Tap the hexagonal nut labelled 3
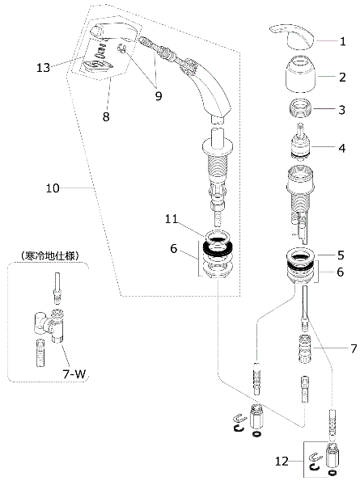click(x=300, y=108)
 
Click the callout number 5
click(x=341, y=255)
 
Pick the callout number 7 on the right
click(x=354, y=348)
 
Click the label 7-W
click(x=74, y=374)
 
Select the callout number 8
click(x=106, y=116)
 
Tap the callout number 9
click(x=159, y=96)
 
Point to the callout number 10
click(x=53, y=188)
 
